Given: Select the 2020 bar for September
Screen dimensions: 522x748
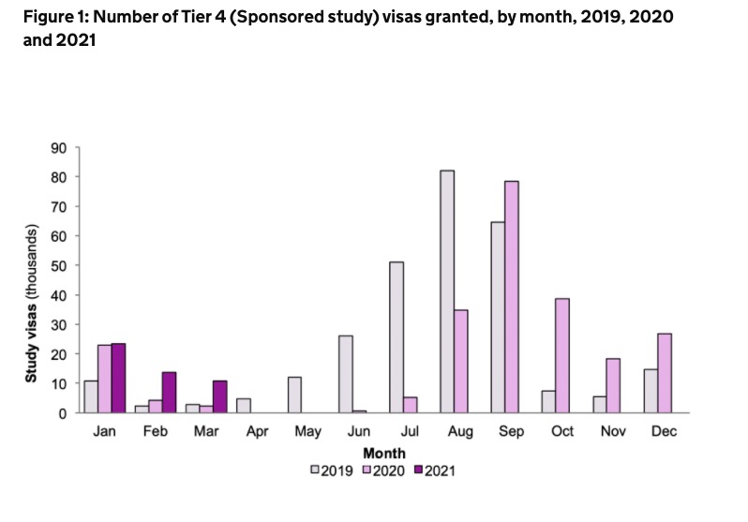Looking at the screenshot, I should [x=512, y=296].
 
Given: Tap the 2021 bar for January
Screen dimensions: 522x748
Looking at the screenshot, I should [x=119, y=378].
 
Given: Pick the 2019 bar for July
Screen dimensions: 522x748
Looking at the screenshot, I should [x=396, y=337].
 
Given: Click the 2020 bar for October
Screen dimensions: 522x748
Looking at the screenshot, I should [x=562, y=355].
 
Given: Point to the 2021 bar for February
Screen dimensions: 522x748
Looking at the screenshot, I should [x=170, y=392].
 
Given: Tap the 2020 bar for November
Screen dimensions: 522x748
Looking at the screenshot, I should [x=613, y=385].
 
